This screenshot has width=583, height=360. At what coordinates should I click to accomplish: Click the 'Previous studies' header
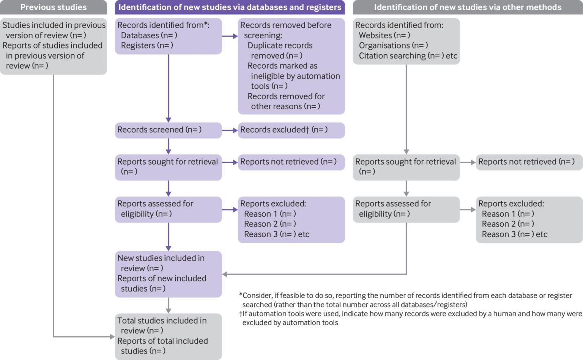click(53, 7)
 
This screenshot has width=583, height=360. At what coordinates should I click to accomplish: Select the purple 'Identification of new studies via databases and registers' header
click(230, 7)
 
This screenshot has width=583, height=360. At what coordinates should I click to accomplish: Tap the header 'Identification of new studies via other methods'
click(467, 7)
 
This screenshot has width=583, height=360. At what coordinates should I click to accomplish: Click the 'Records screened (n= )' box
click(168, 130)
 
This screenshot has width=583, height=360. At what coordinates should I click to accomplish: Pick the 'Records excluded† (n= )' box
click(291, 130)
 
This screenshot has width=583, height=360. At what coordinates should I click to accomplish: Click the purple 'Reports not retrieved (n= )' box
click(291, 162)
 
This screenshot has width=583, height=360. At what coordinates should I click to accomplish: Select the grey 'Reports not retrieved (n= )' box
click(529, 162)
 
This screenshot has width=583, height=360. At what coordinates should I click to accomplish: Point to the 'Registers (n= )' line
click(147, 46)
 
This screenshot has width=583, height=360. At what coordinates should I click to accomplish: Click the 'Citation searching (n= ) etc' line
click(408, 56)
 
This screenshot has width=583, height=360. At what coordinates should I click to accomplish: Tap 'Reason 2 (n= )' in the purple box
click(270, 224)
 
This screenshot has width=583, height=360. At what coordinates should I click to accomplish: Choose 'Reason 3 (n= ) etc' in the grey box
click(514, 234)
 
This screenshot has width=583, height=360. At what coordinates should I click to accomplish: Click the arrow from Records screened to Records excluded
click(230, 130)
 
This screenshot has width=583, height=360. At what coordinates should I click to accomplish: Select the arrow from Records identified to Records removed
click(230, 36)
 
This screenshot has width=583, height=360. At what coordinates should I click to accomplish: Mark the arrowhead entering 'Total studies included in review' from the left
click(112, 336)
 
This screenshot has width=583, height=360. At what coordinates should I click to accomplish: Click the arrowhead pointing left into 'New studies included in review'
click(225, 274)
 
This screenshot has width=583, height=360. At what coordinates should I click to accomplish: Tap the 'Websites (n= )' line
click(384, 35)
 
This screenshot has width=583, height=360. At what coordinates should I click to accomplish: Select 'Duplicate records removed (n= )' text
click(280, 50)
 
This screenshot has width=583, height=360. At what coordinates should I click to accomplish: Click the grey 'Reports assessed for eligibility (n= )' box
click(406, 209)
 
